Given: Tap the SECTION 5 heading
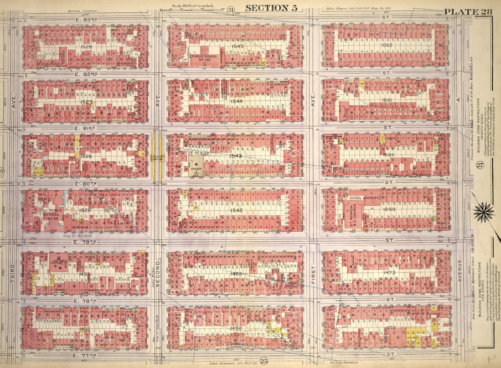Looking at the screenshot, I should pos(270,8).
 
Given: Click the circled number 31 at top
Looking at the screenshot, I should pos(231,9).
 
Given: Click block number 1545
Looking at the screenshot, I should pos(238,46).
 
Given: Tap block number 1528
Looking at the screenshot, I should pos(87,47).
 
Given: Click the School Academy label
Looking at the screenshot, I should pos(364,198).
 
